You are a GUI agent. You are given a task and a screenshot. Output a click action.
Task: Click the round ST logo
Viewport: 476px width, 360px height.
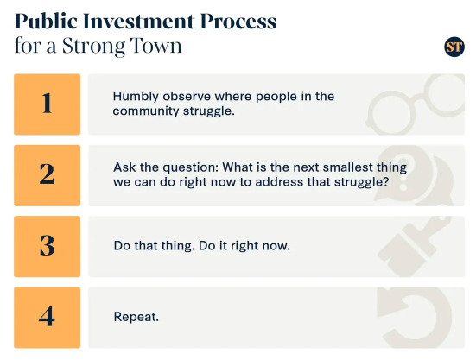click(x=454, y=47)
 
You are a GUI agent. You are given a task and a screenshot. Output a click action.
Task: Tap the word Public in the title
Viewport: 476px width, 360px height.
click(x=46, y=22)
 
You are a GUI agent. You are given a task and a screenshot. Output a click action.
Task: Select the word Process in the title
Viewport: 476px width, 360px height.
click(x=238, y=22)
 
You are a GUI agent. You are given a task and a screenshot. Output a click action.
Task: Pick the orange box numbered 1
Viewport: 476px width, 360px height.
click(x=47, y=104)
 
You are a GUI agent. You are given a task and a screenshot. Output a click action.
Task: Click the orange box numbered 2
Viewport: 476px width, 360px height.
click(x=47, y=175)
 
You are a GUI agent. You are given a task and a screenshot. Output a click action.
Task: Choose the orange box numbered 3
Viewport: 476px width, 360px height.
click(x=47, y=247)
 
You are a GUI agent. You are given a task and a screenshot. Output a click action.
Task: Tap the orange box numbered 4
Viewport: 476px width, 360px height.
click(x=47, y=318)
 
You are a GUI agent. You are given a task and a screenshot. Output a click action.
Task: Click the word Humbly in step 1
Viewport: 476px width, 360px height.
click(x=136, y=97)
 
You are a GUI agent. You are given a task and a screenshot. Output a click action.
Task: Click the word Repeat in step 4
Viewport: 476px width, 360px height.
click(x=136, y=317)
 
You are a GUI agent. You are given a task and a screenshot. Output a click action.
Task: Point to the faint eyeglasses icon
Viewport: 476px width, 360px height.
click(x=416, y=104)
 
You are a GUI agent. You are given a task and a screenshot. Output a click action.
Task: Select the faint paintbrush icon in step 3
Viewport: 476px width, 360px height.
click(x=415, y=246)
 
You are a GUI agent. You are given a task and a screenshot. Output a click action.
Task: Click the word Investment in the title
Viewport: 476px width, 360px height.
click(x=139, y=22)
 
